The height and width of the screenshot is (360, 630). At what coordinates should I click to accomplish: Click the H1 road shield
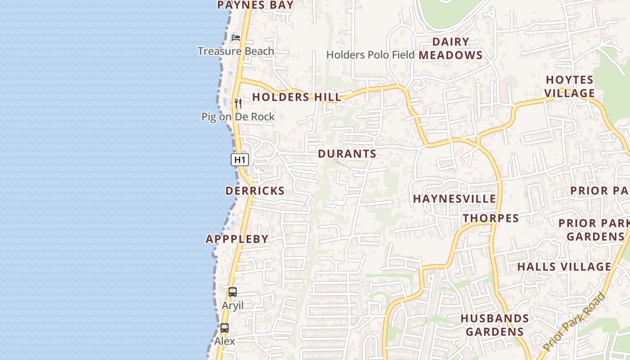point(240,159)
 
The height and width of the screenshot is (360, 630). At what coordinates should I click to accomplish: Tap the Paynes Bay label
point(255,5)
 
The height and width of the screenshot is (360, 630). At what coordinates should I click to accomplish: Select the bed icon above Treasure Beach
point(236,37)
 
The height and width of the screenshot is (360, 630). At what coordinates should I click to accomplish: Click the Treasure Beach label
point(236,51)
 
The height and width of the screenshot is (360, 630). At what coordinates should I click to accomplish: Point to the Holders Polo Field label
point(370,55)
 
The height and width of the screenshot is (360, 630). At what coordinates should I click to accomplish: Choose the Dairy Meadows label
point(450,49)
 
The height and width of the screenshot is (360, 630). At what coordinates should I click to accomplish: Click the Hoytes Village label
point(570,86)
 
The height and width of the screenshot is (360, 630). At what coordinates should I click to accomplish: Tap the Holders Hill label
point(297,97)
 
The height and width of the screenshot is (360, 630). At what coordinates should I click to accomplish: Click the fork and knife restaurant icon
point(238,103)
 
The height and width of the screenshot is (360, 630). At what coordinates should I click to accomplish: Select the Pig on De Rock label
point(238,117)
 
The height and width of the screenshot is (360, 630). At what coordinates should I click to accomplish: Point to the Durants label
point(347,154)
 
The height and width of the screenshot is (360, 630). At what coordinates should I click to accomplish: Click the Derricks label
point(255,191)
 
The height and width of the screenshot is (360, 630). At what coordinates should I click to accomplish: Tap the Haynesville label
point(454,199)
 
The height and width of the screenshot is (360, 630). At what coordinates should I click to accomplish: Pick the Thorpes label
point(491,219)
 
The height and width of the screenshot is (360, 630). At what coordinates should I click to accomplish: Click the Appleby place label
point(237,239)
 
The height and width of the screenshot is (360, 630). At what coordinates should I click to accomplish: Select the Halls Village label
point(564,267)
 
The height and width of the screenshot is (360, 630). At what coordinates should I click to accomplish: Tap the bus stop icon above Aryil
point(232,292)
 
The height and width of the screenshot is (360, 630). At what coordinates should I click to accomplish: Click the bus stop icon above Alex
point(225,328)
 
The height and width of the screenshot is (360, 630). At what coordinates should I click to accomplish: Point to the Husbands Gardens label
point(495,325)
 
